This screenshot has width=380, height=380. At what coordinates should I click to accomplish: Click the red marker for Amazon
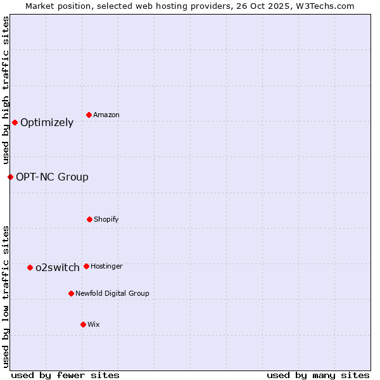point(89,115)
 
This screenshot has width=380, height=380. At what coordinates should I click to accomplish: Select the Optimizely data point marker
point(15,122)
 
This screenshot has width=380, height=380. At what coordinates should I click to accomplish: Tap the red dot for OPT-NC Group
point(10,177)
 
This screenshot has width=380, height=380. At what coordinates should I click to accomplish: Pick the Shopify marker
point(89,219)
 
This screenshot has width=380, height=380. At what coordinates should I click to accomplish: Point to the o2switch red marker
point(30,267)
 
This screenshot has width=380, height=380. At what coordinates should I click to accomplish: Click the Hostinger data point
point(86,266)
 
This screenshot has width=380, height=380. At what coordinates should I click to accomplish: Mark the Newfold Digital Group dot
point(71,293)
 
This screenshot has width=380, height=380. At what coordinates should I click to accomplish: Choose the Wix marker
point(83,324)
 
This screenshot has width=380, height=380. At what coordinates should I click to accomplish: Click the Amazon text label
point(106,115)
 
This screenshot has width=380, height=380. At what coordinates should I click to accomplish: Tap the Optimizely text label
point(47,123)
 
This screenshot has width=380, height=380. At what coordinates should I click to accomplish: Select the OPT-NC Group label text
point(52,177)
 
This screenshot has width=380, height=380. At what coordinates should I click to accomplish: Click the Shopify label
point(106,219)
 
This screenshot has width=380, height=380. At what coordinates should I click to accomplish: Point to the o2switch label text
point(58,268)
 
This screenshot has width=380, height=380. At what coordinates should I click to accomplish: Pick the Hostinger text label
point(106,266)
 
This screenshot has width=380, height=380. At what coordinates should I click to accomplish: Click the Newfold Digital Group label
point(112,293)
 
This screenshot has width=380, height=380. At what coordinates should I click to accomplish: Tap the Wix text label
point(94,324)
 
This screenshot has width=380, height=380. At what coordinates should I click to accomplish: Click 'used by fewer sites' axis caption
point(65,375)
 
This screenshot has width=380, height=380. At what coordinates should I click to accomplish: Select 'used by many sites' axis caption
point(318,375)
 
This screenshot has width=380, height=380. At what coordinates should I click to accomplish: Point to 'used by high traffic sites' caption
point(6,91)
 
